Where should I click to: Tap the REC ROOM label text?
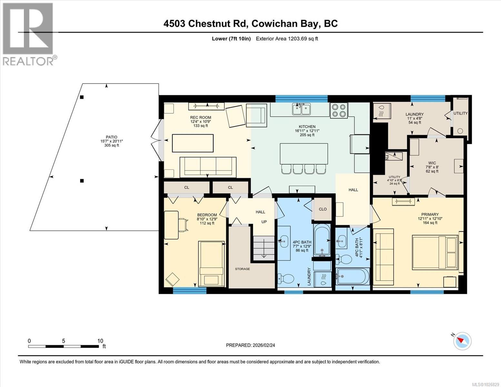coord(201,118)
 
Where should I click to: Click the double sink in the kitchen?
coord(301,109)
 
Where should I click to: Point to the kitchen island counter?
coord(304,154)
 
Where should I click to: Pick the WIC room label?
coord(432,163)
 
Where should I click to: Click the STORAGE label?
coord(242,269)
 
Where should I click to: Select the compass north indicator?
coord(462,341)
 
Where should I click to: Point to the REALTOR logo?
coord(28,34)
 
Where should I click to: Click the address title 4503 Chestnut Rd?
coord(250,24)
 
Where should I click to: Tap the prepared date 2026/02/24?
coord(250,345)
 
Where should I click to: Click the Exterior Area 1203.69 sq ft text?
coord(287,39)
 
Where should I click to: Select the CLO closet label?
coord(323,209)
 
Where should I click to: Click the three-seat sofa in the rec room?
coord(208,167)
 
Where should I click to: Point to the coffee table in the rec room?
coord(193,143)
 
